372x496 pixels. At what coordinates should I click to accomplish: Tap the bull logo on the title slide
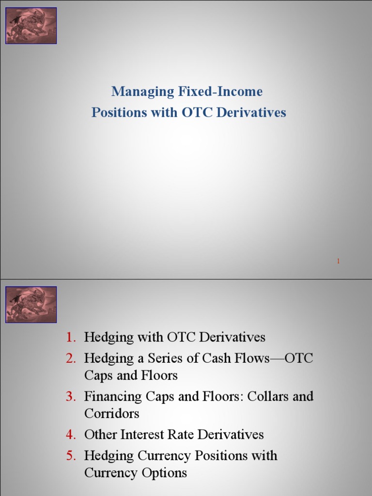(x=31, y=26)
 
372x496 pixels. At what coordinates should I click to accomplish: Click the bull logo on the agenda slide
(x=31, y=305)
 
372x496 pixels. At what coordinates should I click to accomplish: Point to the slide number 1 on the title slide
(x=338, y=261)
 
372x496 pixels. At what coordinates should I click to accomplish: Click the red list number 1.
(x=71, y=337)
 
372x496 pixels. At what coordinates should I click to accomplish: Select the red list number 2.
(x=71, y=358)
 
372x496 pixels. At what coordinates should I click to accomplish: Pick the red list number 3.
(x=71, y=397)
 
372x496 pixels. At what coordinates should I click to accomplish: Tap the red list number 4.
(x=71, y=434)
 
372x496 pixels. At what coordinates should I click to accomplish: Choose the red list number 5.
(x=71, y=456)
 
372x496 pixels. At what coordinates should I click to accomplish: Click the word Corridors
(x=111, y=414)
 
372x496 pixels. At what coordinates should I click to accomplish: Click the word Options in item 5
(x=162, y=473)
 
